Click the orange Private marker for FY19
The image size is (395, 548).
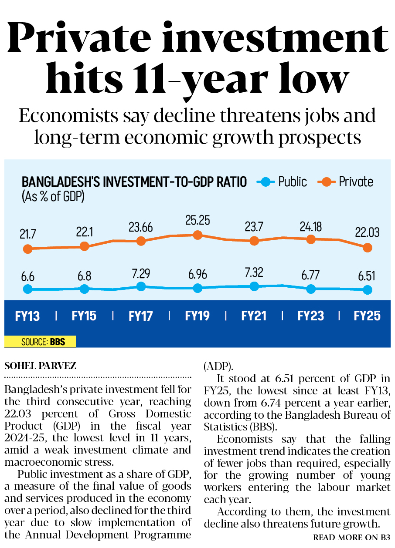coord(197,235)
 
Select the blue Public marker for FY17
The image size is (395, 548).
coord(141,286)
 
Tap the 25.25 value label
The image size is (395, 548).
coord(197,220)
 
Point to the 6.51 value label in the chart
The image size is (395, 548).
coord(368,276)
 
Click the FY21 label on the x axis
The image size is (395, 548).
coord(254,316)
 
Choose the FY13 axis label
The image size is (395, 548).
coord(27,316)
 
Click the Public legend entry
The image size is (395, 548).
coord(283,182)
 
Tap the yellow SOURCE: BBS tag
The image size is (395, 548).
coord(40,342)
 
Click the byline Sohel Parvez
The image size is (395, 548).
coord(40,366)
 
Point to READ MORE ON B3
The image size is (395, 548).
coord(351,538)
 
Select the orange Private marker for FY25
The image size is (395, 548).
coord(368,248)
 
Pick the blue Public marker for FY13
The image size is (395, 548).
coord(27,289)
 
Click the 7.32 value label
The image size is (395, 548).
coord(254,273)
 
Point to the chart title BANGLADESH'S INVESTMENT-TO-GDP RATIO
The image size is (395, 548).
coord(134,182)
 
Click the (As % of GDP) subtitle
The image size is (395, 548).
coord(53,196)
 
